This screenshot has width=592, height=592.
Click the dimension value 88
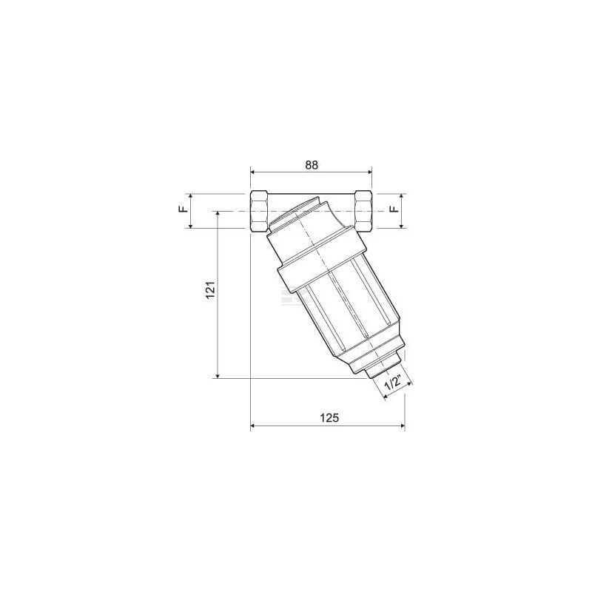point(312,165)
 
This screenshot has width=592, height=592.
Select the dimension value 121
point(210,289)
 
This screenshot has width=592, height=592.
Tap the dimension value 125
point(329,418)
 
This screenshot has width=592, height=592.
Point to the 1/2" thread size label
point(393,384)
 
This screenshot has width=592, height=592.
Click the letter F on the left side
point(183,209)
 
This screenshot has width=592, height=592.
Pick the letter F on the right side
point(394,209)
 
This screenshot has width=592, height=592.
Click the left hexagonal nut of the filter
point(260,212)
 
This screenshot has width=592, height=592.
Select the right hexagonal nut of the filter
point(363,212)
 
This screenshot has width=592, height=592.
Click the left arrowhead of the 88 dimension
point(254,172)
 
